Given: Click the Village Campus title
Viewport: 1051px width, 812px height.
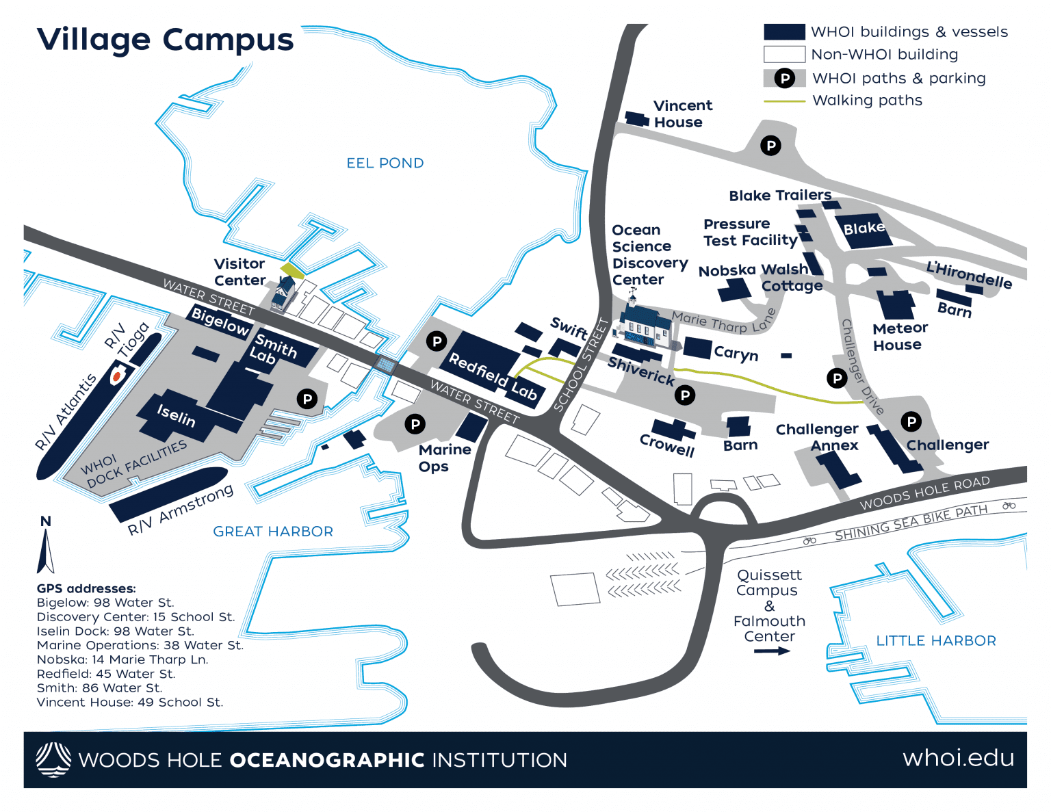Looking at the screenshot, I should (x=165, y=40).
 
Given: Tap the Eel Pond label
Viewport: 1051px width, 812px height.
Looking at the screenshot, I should (x=385, y=163).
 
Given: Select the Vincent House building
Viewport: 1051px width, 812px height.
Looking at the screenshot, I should (x=637, y=119).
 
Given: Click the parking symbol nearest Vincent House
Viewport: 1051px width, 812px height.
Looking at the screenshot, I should (x=770, y=145).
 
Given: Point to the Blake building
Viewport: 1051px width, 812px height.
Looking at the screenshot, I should (x=863, y=228).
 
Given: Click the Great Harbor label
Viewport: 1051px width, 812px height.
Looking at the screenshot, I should (x=273, y=532).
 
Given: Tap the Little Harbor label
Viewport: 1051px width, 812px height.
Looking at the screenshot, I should (x=935, y=641).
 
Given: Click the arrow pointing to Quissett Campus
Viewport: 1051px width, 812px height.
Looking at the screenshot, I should (x=771, y=651).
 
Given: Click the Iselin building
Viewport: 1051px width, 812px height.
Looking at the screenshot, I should (x=176, y=415).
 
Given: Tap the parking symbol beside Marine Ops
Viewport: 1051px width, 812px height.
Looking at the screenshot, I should (x=415, y=424).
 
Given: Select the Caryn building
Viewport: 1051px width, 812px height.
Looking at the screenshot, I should (x=697, y=348).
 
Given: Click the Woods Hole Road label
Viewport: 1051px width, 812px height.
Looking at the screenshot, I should (x=924, y=493).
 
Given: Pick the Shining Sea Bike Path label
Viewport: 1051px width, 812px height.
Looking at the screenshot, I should (x=911, y=523).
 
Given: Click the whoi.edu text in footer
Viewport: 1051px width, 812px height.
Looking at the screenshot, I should (x=958, y=759).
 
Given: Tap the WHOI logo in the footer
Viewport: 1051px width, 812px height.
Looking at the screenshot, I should (x=53, y=759).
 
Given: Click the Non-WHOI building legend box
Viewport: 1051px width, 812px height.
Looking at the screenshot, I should (x=783, y=54).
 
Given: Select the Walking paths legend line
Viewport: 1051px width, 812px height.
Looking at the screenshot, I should (x=783, y=101).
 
